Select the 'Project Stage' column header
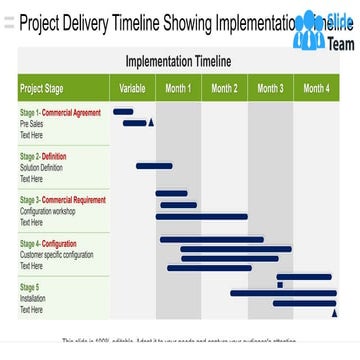[45, 88]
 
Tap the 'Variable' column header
[132, 88]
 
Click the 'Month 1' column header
[178, 88]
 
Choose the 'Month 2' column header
[224, 88]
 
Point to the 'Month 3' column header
[270, 88]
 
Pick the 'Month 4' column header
[316, 88]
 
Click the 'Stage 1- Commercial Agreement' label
[60, 113]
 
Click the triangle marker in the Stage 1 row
[151, 122]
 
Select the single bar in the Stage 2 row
[154, 165]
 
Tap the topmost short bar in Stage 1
[123, 112]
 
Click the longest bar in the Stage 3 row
[201, 216]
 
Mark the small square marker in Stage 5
[280, 285]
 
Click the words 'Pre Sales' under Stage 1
[32, 124]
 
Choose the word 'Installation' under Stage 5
[33, 299]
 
